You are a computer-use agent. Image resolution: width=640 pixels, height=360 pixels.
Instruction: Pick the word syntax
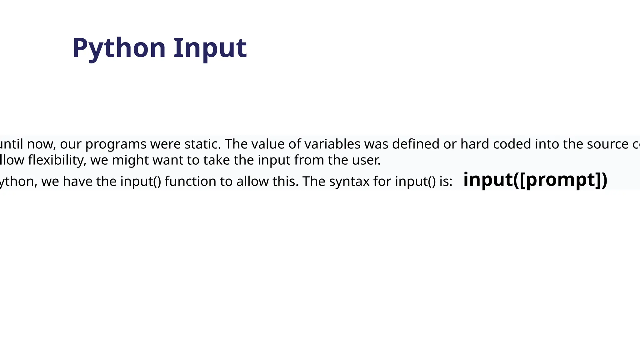click(x=349, y=182)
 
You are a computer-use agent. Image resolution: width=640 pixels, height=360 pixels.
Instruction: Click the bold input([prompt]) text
click(x=535, y=180)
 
